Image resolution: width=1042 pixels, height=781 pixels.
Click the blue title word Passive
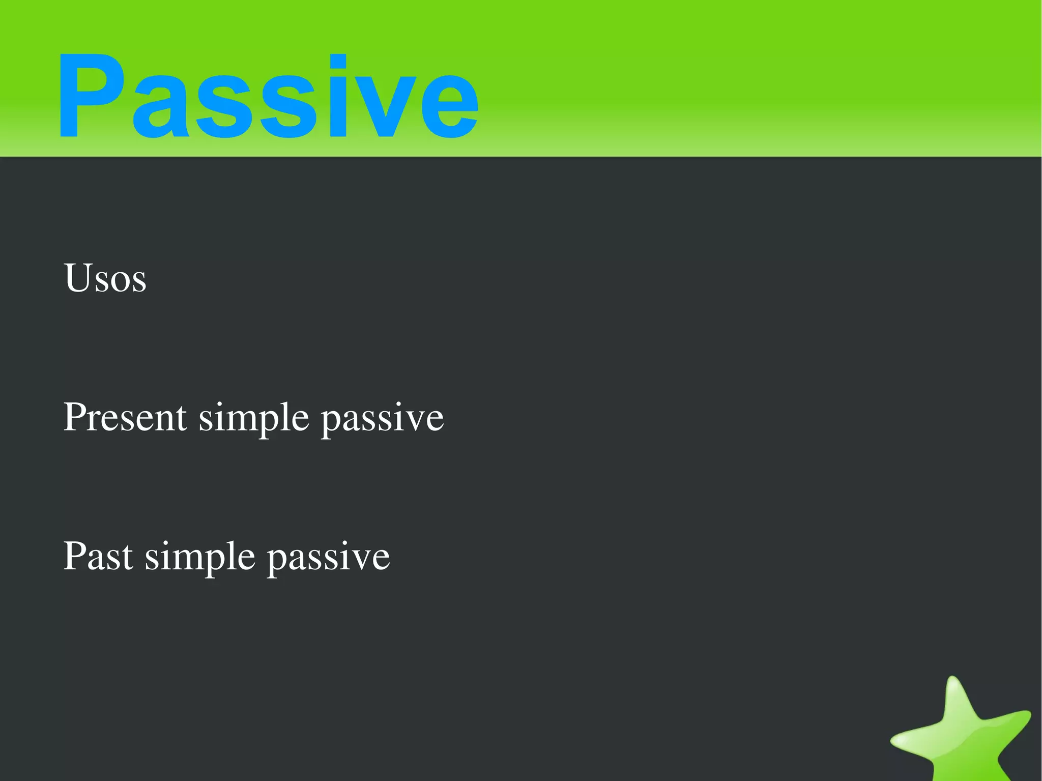(268, 95)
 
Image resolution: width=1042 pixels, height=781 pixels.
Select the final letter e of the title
(448, 107)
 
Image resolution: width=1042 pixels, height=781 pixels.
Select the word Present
(125, 417)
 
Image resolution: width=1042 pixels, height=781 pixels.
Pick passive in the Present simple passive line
(383, 419)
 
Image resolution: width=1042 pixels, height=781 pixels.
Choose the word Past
(98, 556)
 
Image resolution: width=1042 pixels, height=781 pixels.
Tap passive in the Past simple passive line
(329, 558)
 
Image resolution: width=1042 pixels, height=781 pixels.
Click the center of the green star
(962, 738)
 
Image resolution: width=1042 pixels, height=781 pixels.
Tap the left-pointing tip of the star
(894, 743)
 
